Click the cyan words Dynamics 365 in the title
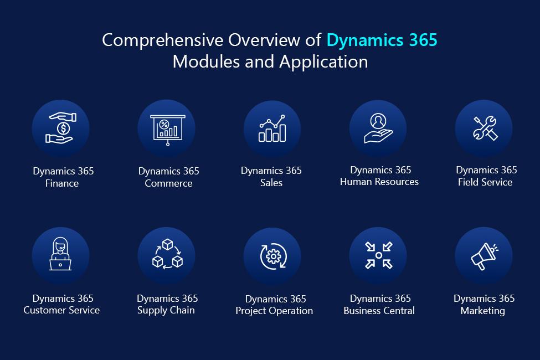[x=382, y=40]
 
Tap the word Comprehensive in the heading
[x=162, y=40]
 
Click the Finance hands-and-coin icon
[x=61, y=128]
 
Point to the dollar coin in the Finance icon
[x=63, y=129]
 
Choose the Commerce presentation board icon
[x=168, y=130]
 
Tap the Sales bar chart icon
[x=272, y=128]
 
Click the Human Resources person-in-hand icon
[x=378, y=128]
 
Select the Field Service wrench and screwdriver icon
[x=485, y=128]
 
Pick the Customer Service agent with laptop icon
[x=60, y=254]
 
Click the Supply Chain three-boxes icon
[x=167, y=254]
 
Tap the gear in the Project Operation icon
[x=274, y=256]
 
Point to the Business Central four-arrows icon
[x=378, y=255]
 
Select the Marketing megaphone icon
[x=484, y=256]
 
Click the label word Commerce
[x=168, y=183]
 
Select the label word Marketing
[x=482, y=311]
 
